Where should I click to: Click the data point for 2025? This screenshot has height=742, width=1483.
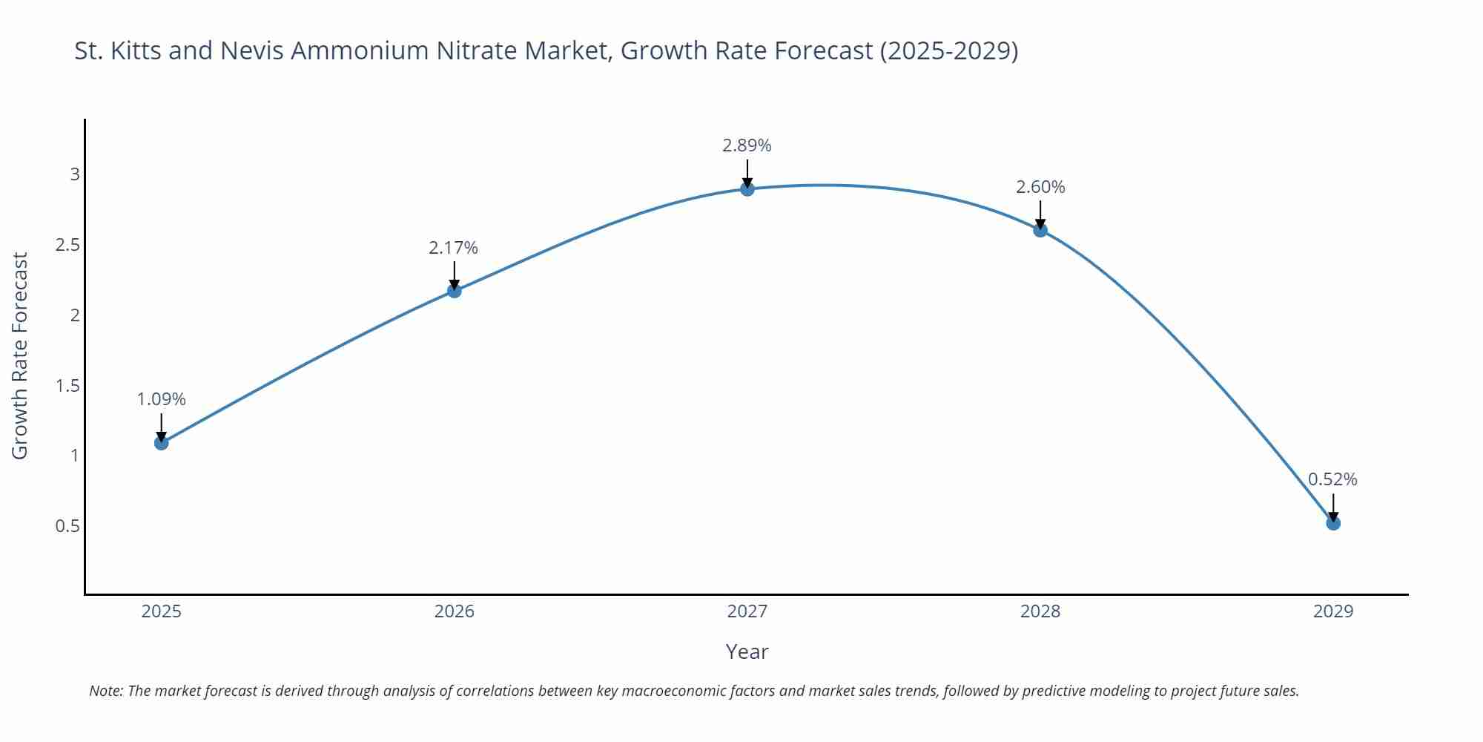click(x=161, y=443)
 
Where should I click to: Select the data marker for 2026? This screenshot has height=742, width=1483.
click(x=455, y=291)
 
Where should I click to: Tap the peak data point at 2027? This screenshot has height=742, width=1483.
click(x=747, y=189)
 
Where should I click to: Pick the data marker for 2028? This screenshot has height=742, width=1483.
click(x=1040, y=230)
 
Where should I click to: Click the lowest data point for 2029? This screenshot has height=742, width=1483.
click(x=1333, y=523)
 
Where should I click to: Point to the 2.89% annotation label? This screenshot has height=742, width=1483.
click(x=747, y=146)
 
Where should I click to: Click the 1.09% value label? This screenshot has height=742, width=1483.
click(x=161, y=400)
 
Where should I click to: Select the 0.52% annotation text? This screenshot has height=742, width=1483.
click(x=1332, y=480)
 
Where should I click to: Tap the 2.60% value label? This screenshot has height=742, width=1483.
click(x=1040, y=188)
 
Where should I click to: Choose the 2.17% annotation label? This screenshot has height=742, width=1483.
click(x=453, y=249)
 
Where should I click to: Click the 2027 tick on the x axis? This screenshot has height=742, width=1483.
click(x=747, y=611)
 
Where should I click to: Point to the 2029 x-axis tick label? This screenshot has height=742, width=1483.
click(x=1333, y=611)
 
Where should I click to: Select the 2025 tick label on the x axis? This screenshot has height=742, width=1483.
click(x=161, y=611)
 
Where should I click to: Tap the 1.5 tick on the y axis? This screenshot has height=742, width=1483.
click(x=67, y=386)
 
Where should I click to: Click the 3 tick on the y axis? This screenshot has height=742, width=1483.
click(x=75, y=174)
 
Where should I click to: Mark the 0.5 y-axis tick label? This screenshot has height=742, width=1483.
click(x=67, y=526)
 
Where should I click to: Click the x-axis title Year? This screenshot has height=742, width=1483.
click(x=747, y=651)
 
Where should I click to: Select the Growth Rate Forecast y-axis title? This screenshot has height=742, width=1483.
click(x=20, y=355)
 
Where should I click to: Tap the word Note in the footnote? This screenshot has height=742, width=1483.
click(x=105, y=691)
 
